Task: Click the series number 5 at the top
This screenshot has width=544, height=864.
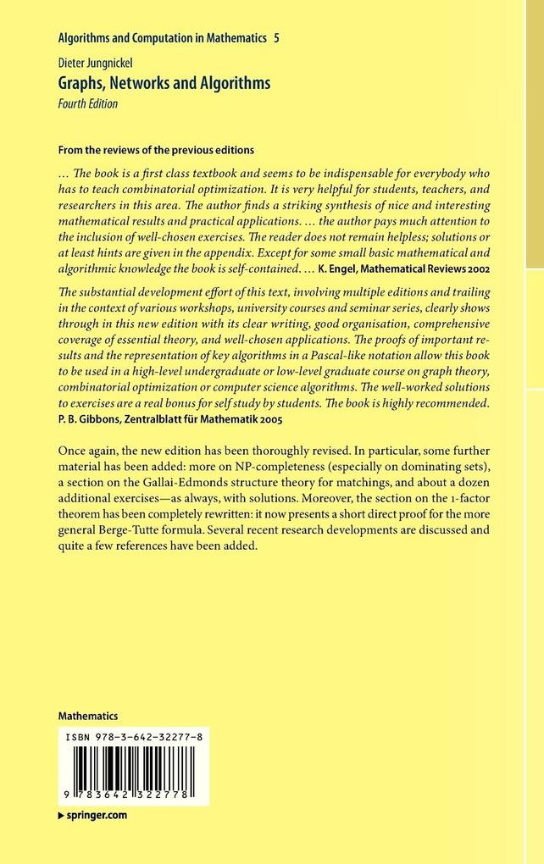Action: click(x=275, y=39)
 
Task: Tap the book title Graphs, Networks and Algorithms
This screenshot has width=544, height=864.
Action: click(x=164, y=83)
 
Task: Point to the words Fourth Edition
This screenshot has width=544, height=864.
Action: click(x=87, y=104)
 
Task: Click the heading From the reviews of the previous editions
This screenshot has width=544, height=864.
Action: click(x=156, y=150)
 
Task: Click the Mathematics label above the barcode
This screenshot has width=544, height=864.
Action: click(x=88, y=716)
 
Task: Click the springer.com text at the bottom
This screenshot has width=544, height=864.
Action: click(x=96, y=815)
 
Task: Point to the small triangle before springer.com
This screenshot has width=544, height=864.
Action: click(x=60, y=815)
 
